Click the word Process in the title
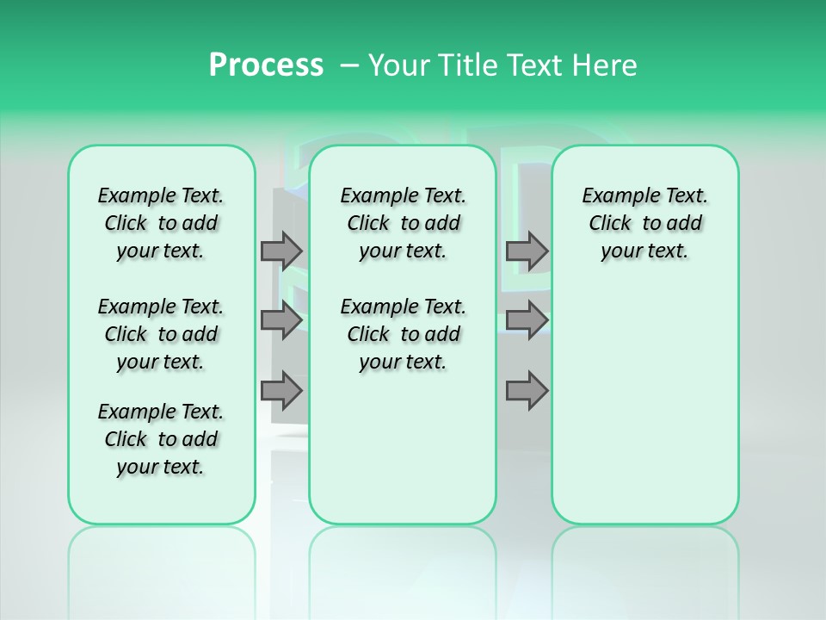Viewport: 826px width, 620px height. point(266,65)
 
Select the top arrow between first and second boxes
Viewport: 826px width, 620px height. point(281,251)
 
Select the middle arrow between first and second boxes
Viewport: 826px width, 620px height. point(281,320)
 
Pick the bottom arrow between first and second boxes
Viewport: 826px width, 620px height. point(281,391)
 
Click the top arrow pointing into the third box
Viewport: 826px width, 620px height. point(527,251)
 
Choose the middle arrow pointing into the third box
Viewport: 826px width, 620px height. point(527,320)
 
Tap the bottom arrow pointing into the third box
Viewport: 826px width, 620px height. point(527,391)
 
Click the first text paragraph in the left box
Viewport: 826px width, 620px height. point(161,223)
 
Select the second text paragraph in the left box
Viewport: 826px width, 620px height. point(161,334)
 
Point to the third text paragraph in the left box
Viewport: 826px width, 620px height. point(161,439)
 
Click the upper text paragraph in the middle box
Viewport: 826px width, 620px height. point(403,223)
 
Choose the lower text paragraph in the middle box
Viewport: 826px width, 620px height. point(403,334)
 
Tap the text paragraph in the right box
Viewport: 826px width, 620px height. point(645,223)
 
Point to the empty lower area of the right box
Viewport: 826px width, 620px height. point(645,405)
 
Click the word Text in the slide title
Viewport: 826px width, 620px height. point(539,65)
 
